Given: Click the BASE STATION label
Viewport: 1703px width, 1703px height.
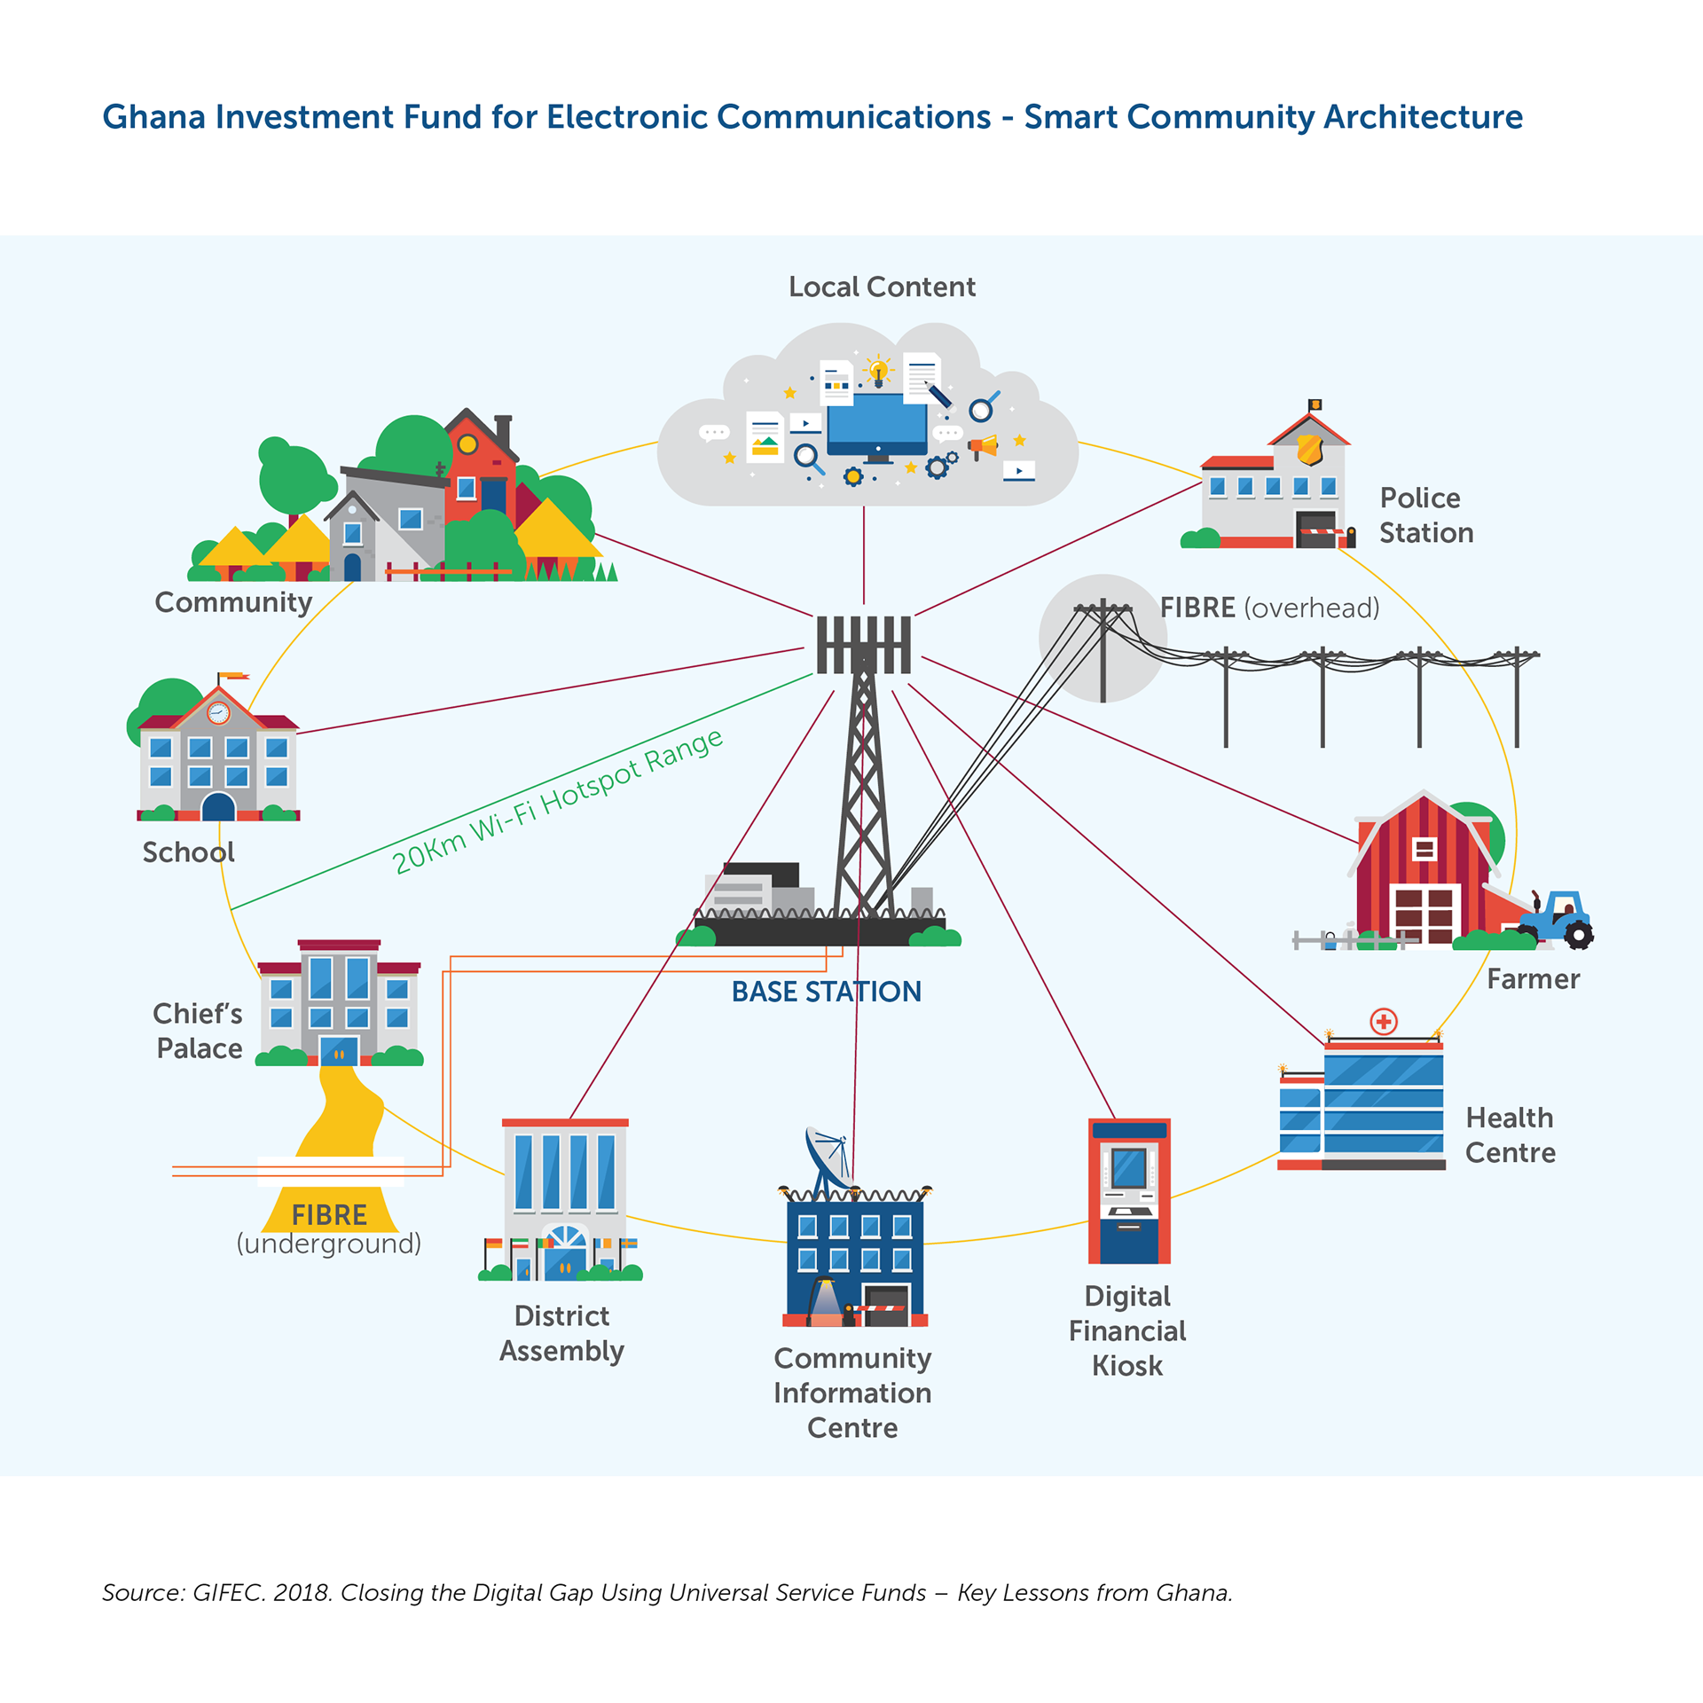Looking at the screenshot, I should tap(826, 992).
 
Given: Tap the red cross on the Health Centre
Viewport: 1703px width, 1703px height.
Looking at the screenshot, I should tap(1384, 1022).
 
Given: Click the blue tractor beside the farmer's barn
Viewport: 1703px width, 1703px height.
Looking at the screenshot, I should tap(1558, 919).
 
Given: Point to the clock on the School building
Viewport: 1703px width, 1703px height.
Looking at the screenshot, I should tap(218, 712).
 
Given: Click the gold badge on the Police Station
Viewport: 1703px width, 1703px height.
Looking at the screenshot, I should tap(1310, 450).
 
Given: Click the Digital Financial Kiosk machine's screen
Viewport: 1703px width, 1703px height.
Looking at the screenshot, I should tap(1129, 1168).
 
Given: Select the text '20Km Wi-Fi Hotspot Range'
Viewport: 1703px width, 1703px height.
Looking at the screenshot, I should tap(558, 801).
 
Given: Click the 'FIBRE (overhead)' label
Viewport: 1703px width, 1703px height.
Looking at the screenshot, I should tap(1269, 608).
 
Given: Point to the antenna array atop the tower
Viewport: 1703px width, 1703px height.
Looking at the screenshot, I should tap(863, 645).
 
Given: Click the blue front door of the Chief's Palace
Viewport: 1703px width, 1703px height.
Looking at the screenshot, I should tap(339, 1051).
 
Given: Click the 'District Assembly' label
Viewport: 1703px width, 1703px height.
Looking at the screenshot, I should tap(561, 1333).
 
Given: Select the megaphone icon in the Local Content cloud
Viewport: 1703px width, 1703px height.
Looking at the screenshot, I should tap(984, 446).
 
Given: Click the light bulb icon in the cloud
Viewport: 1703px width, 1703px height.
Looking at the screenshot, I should tap(879, 371).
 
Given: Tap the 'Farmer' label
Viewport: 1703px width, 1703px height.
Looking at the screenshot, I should tap(1533, 979).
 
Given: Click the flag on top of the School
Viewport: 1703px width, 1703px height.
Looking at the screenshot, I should tap(233, 677).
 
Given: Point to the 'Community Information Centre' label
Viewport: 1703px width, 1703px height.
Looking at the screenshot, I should tap(852, 1393).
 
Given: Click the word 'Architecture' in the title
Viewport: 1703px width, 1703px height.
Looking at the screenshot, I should tap(1423, 117).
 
